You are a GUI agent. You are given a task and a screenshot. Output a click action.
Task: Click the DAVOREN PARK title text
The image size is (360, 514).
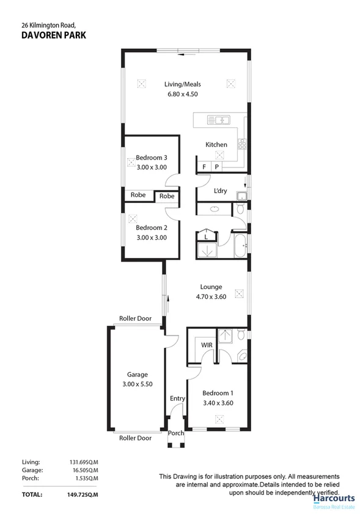click(x=53, y=35)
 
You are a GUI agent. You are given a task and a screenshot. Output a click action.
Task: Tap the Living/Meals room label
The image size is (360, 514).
click(x=182, y=84)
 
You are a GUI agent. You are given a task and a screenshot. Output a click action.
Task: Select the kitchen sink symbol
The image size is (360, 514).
click(x=217, y=119)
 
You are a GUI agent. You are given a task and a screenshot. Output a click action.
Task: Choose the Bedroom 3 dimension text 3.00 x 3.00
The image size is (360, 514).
click(x=151, y=167)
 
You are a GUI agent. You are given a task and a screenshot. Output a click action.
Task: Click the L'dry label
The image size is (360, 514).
click(x=220, y=191)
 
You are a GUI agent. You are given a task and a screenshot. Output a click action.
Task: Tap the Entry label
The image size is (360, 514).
click(x=177, y=399)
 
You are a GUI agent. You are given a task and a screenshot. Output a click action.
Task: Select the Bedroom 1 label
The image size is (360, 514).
click(x=219, y=394)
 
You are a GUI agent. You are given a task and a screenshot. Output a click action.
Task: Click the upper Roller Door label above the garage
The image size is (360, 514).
click(x=135, y=318)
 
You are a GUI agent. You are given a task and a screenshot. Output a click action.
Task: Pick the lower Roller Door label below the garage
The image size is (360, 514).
click(x=135, y=438)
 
